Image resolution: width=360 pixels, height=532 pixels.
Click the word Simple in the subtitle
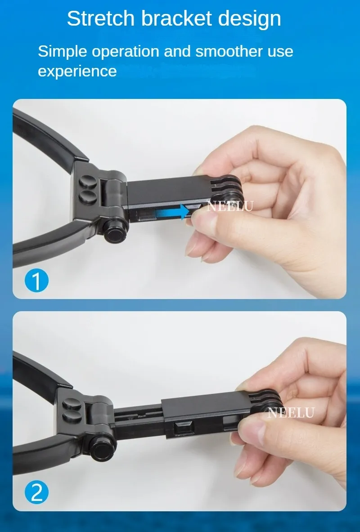63,52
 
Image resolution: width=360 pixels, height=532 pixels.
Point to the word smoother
229,51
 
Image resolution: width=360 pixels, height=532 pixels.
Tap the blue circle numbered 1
37,281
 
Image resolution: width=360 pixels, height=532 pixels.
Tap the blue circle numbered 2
37,492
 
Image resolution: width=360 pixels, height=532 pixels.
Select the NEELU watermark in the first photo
230,206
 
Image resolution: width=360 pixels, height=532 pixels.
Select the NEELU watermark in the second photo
291,412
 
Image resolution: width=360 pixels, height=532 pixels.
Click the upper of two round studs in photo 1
88,182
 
